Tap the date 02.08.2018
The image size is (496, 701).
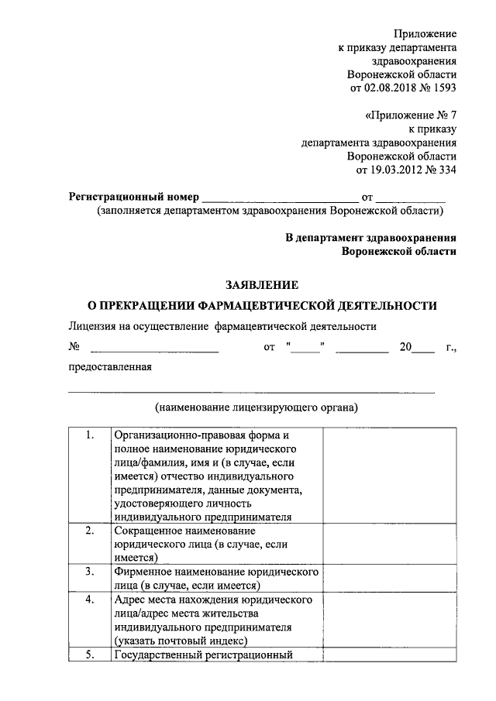coord(388,88)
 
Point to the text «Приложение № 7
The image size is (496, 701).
coord(410,115)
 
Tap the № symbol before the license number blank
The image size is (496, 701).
coord(75,348)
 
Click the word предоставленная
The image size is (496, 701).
coord(110,368)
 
